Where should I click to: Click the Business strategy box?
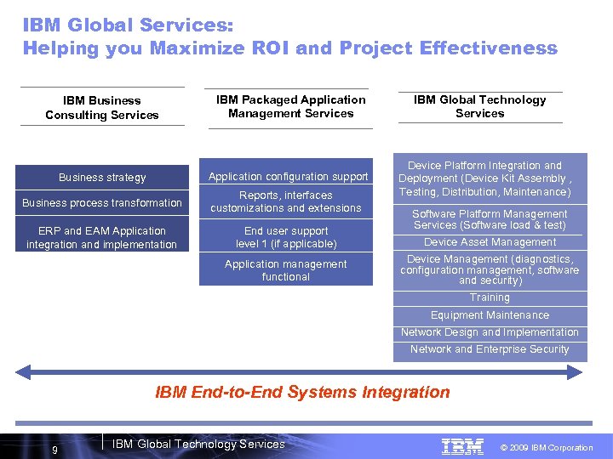(x=102, y=177)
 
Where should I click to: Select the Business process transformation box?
(x=102, y=202)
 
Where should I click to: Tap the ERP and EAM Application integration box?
(x=102, y=237)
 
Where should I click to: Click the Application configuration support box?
(x=288, y=176)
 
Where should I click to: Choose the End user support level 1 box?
(x=286, y=237)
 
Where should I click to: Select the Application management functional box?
(x=286, y=270)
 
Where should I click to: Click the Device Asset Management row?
(x=490, y=242)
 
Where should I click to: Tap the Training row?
(x=490, y=297)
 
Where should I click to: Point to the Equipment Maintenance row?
(x=490, y=315)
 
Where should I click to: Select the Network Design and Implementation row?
(x=490, y=332)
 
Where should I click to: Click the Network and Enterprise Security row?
(x=490, y=349)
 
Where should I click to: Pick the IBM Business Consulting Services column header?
(x=102, y=107)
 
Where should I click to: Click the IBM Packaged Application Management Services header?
(x=290, y=106)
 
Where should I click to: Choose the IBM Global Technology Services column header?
(x=479, y=106)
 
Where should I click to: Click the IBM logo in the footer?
(x=462, y=446)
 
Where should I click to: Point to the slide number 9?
(x=54, y=450)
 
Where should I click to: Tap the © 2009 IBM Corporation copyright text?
(x=546, y=447)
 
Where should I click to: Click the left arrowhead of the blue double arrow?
(x=23, y=371)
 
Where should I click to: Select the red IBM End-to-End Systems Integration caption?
(x=302, y=392)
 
